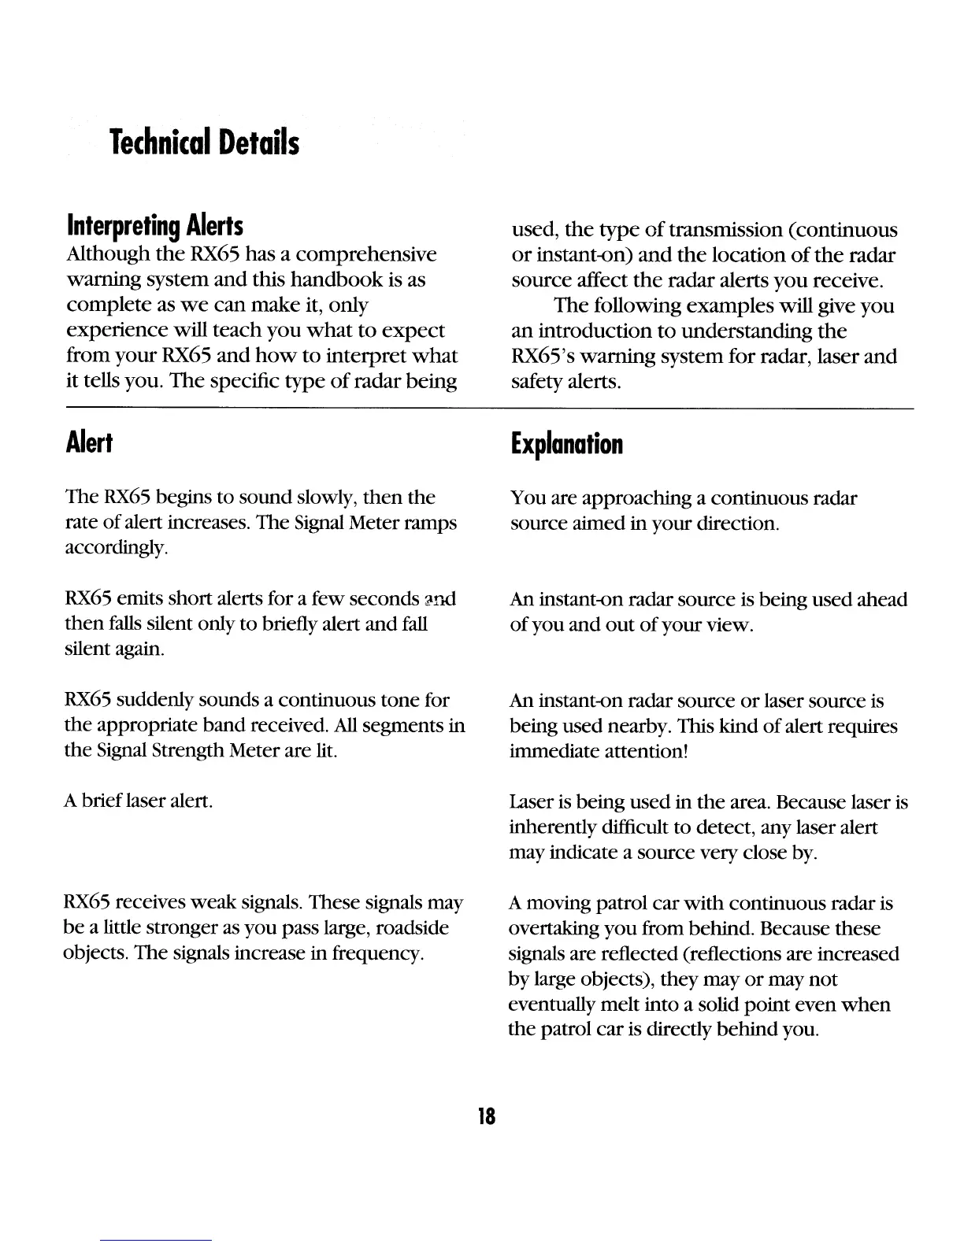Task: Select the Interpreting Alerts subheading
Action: click(155, 227)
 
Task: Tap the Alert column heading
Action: click(90, 444)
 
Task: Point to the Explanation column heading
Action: click(566, 445)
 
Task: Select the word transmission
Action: click(708, 230)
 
